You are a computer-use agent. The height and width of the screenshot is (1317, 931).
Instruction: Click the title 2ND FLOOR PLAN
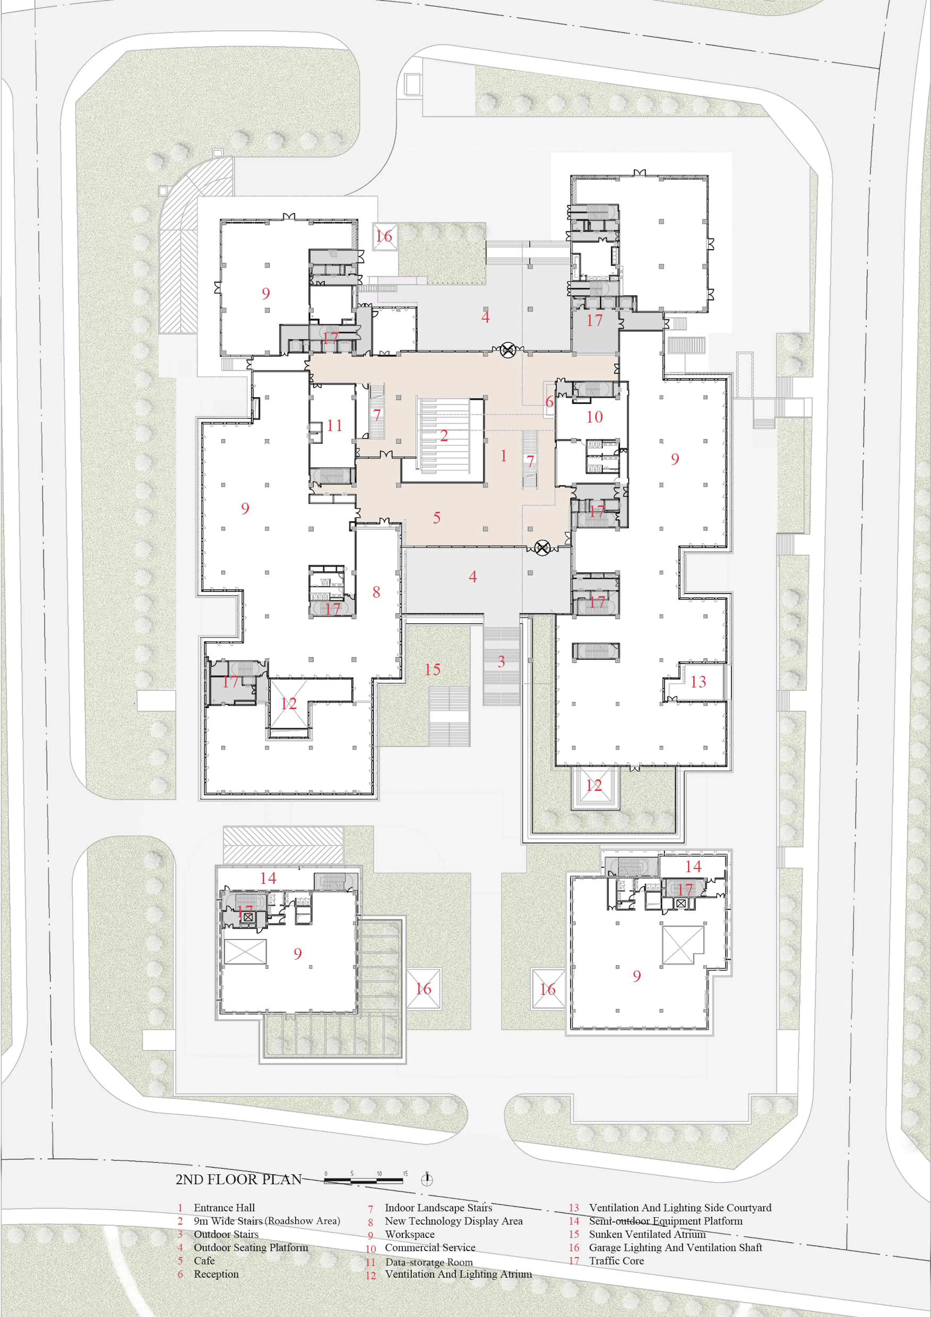click(239, 1179)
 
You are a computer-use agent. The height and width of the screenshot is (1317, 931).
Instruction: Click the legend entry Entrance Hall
click(224, 1207)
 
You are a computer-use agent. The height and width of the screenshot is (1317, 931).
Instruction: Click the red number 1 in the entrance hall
click(504, 456)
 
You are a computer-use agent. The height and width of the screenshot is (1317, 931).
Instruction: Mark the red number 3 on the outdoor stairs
click(501, 661)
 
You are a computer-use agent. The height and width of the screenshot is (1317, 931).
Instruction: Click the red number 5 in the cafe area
click(437, 518)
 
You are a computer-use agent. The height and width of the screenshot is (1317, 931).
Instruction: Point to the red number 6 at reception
click(549, 402)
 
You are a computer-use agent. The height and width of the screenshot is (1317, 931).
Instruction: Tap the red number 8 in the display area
click(376, 592)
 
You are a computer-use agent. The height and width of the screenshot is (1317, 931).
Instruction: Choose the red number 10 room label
click(594, 417)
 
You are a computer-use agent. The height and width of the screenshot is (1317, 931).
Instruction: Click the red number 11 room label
click(334, 426)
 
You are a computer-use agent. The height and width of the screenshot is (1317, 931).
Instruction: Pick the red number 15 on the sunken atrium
click(433, 669)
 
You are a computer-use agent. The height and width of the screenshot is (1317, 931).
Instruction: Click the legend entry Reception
click(216, 1274)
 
